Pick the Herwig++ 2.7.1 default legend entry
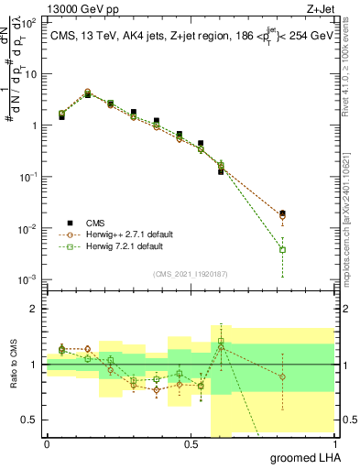[x=128, y=234]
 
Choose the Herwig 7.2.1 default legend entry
[x=124, y=246]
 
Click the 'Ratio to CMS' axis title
[x=13, y=365]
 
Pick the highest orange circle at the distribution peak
[x=88, y=92]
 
